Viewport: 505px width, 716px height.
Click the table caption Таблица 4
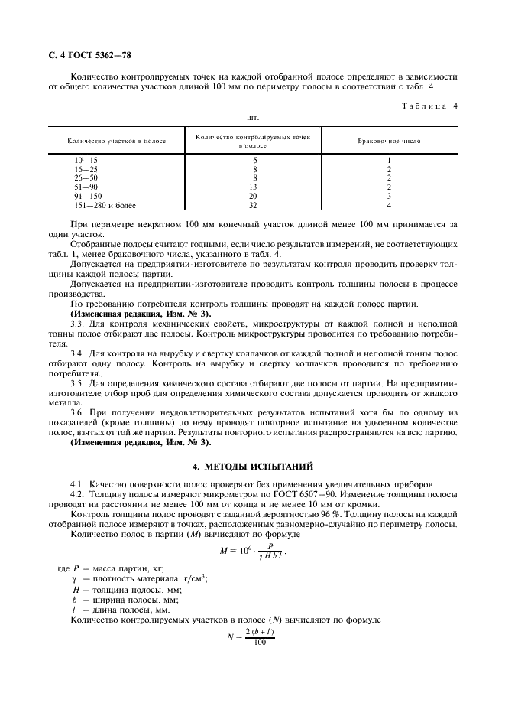pyautogui.click(x=429, y=106)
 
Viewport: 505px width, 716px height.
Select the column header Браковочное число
pyautogui.click(x=389, y=142)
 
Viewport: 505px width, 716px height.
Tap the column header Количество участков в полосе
pyautogui.click(x=117, y=142)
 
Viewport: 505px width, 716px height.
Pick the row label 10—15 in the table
pyautogui.click(x=86, y=160)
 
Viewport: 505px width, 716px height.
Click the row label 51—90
pyautogui.click(x=86, y=187)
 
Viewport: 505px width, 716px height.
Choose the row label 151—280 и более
pyautogui.click(x=103, y=205)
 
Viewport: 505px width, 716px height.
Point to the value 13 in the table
pyautogui.click(x=253, y=187)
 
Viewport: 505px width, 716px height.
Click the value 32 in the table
pyautogui.click(x=253, y=205)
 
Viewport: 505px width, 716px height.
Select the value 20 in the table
pyautogui.click(x=253, y=196)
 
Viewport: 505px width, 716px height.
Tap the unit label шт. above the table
pyautogui.click(x=253, y=119)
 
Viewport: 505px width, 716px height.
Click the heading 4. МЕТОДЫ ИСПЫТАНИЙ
pyautogui.click(x=252, y=466)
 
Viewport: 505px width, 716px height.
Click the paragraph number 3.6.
pyautogui.click(x=77, y=412)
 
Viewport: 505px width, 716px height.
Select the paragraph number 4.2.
pyautogui.click(x=77, y=493)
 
